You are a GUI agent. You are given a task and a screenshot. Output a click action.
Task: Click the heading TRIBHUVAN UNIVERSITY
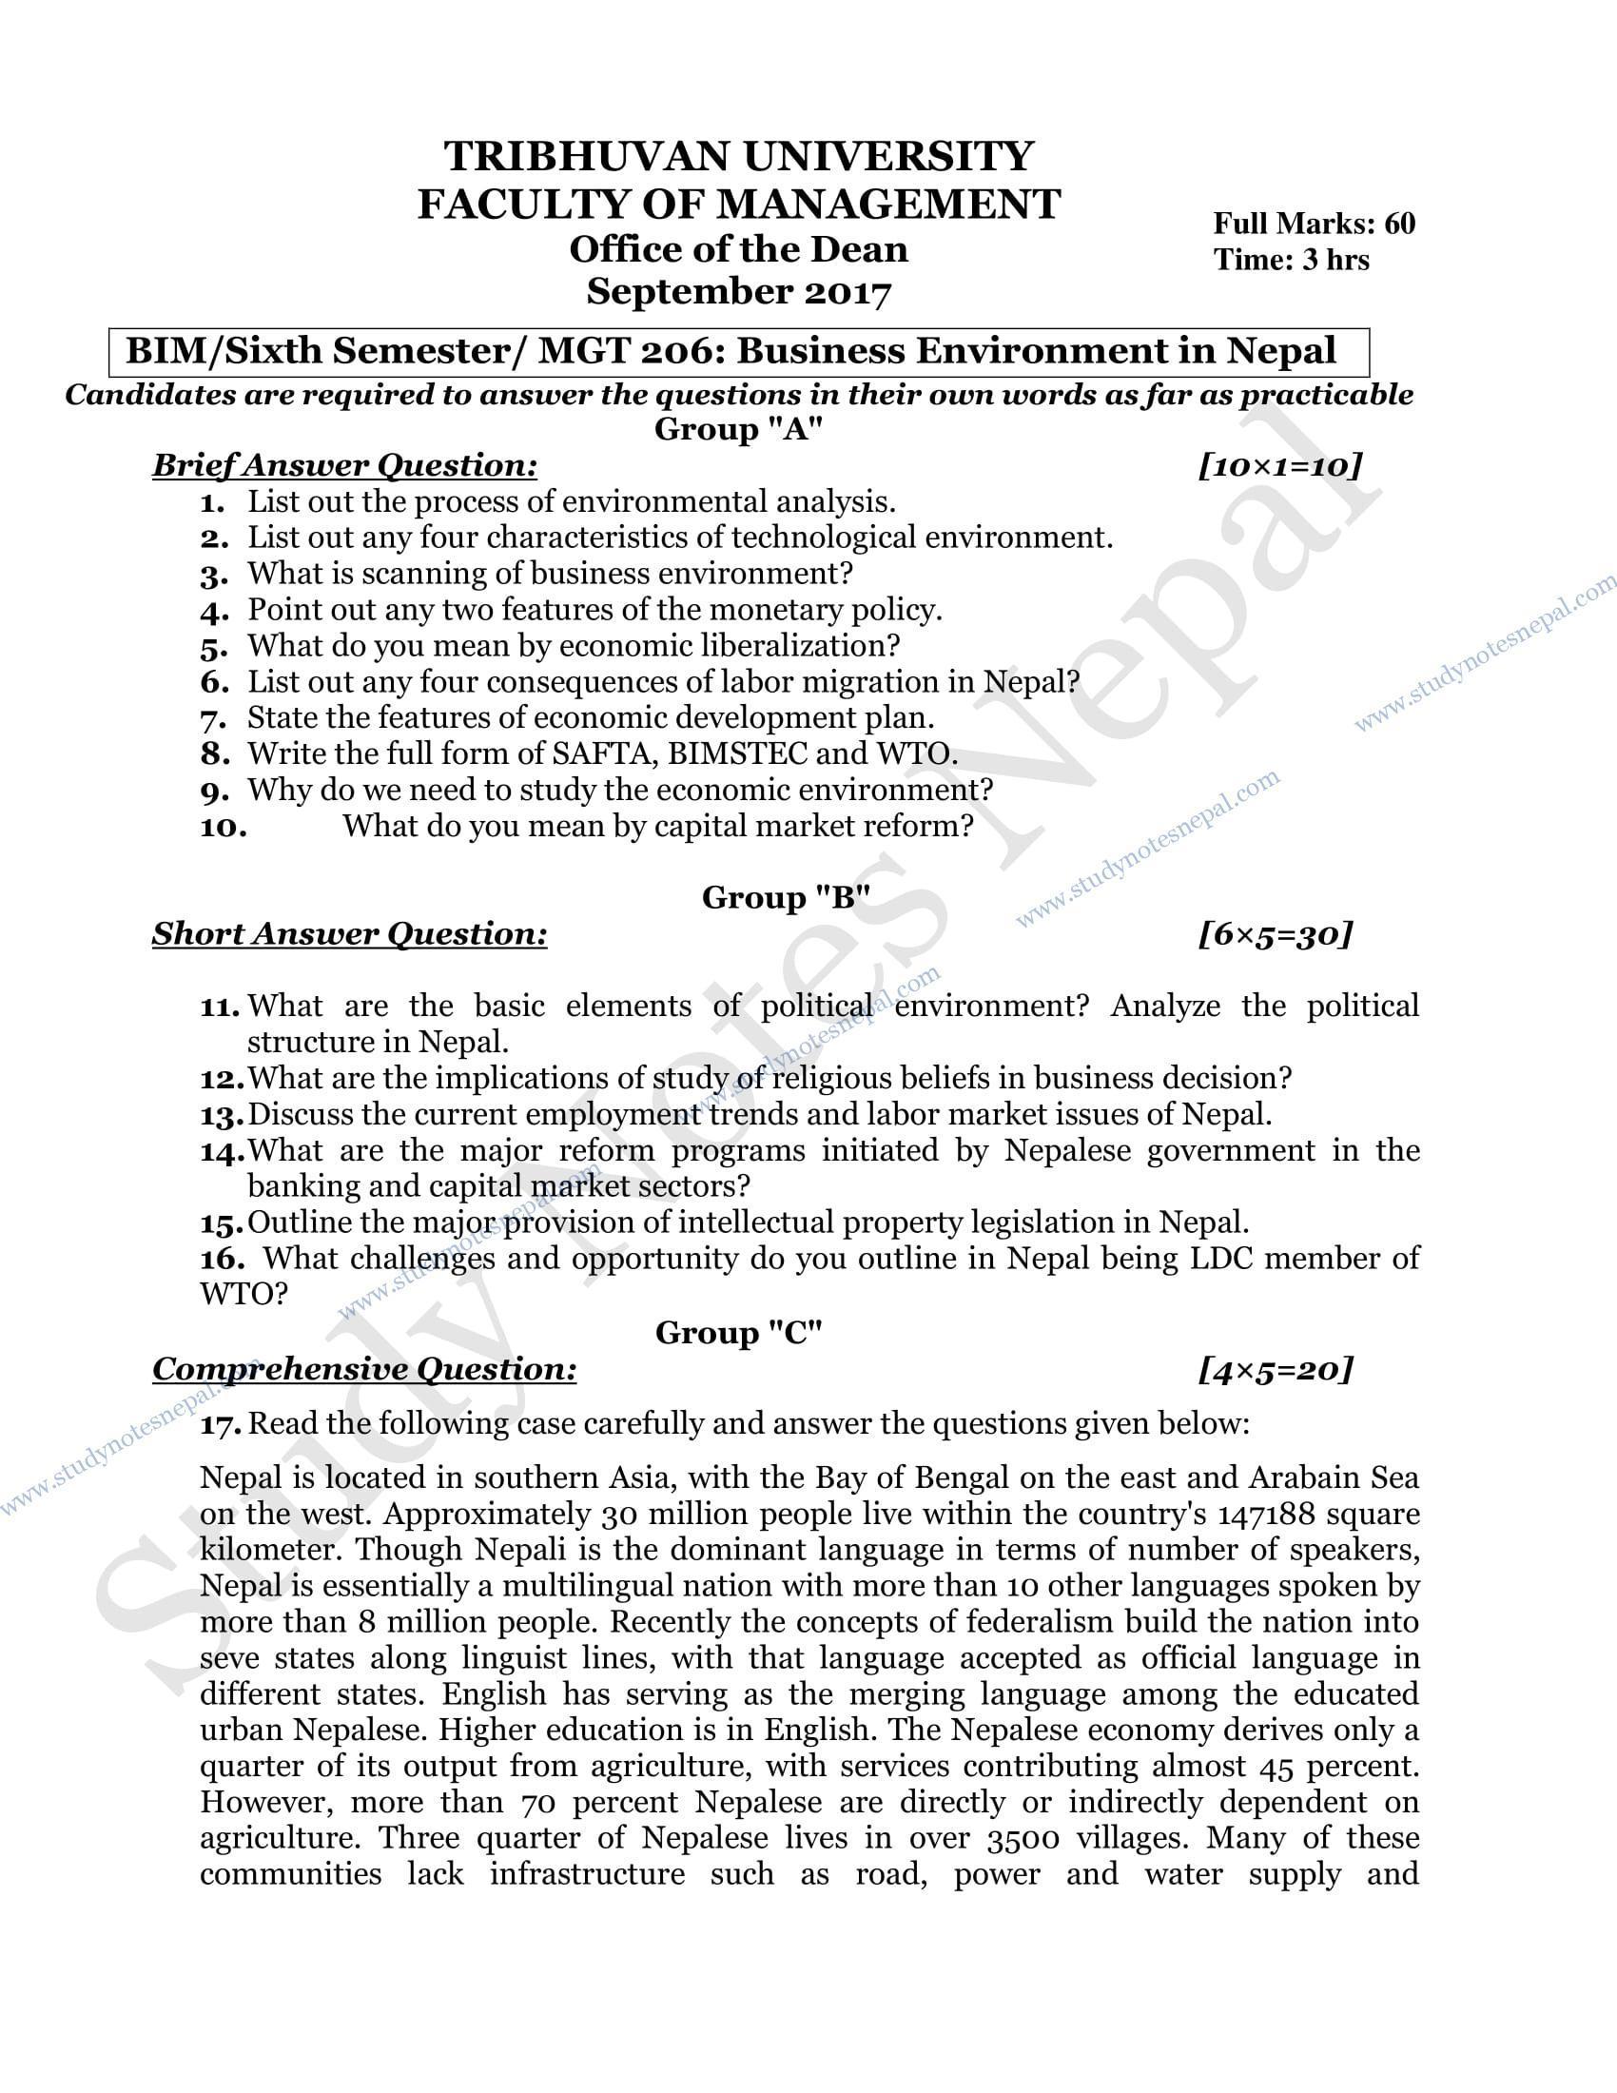coord(738,156)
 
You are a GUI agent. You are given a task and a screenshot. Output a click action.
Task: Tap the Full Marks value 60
coord(1398,224)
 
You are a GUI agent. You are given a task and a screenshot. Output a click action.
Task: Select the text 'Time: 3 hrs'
coord(1292,260)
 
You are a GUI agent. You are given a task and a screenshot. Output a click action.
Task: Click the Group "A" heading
coord(738,429)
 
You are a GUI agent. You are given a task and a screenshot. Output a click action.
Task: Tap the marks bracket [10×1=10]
coord(1279,467)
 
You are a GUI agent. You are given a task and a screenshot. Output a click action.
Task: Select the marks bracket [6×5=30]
coord(1275,934)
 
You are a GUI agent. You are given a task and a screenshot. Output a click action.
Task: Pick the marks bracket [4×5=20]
coord(1275,1369)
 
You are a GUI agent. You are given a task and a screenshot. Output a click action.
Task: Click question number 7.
coord(213,718)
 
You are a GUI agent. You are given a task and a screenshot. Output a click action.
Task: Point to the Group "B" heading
coord(786,898)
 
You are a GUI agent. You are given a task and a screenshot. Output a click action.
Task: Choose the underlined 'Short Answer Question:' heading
coord(350,934)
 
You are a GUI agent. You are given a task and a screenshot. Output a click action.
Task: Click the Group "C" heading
coord(738,1333)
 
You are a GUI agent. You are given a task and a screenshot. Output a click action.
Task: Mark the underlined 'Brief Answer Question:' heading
coord(345,467)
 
